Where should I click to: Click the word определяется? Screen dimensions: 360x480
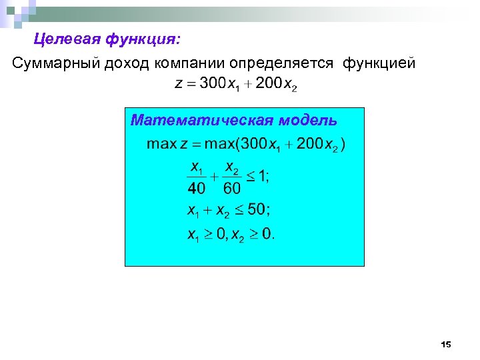pos(281,63)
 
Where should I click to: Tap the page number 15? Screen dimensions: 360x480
pos(446,345)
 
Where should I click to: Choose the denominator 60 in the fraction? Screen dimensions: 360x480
pos(233,187)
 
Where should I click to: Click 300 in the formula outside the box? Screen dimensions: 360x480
pos(213,84)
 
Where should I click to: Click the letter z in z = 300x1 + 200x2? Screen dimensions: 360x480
pos(178,85)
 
